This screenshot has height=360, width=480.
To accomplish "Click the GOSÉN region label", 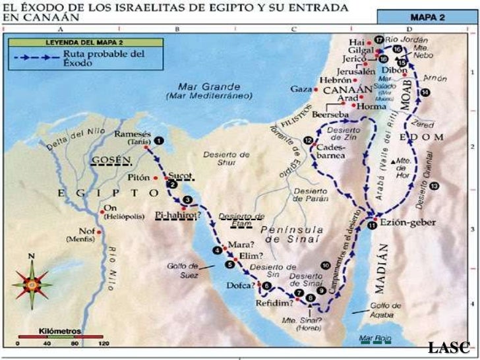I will click(108, 160).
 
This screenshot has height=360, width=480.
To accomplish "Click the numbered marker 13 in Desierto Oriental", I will click(434, 187).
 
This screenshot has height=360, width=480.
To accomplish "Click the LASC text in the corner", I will click(448, 347).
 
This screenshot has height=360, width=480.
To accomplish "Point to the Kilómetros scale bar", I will click(60, 337).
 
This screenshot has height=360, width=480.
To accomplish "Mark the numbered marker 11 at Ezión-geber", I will click(372, 225).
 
